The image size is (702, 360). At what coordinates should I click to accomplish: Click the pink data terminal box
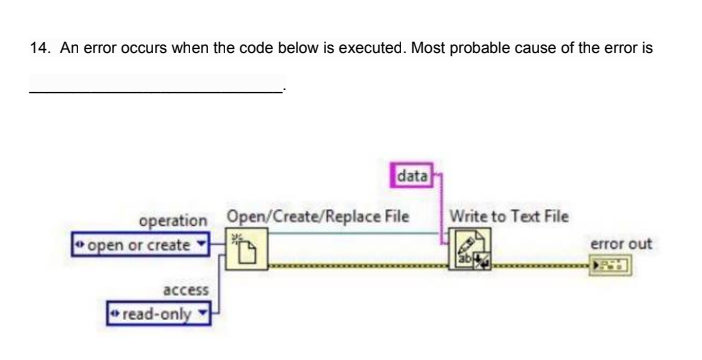click(x=413, y=178)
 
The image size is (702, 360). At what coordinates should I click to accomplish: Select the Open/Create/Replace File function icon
click(x=244, y=244)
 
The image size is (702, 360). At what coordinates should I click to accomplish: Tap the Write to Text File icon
click(x=467, y=246)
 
